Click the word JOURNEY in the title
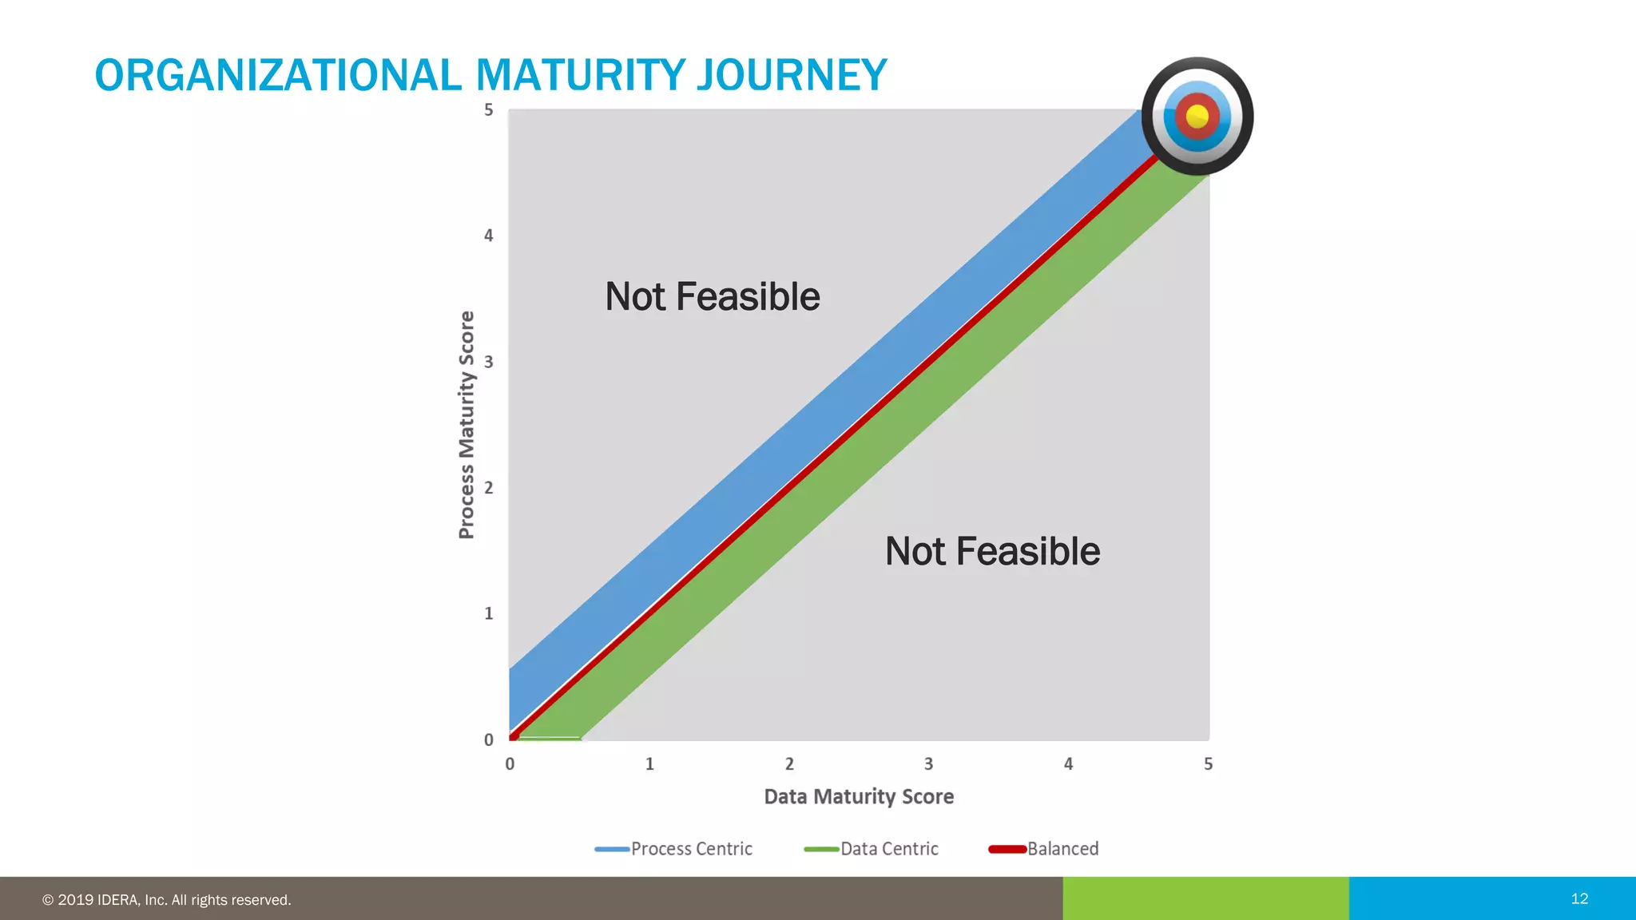point(791,75)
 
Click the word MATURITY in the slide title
point(581,75)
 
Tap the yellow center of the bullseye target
point(1197,117)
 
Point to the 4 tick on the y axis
point(489,236)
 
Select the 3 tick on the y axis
point(489,362)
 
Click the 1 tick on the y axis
point(489,613)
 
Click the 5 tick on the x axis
point(1208,764)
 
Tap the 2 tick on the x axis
point(789,764)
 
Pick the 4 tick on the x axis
point(1068,764)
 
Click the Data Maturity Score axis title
point(859,796)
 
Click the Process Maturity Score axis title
point(467,425)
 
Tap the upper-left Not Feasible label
point(712,297)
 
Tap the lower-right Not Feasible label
point(992,552)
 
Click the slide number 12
point(1579,898)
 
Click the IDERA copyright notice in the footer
point(166,900)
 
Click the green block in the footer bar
point(1205,898)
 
